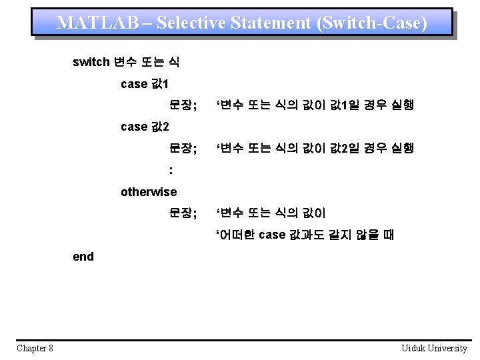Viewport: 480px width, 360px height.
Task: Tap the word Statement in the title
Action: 271,23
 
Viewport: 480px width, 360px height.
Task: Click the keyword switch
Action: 91,63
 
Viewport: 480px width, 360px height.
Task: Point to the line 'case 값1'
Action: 145,84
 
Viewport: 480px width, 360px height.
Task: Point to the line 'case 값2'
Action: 145,127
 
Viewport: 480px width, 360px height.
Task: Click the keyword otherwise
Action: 149,192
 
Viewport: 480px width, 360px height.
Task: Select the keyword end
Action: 83,257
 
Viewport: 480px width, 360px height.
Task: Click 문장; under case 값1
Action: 183,105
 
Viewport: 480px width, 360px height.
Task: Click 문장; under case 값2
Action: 183,148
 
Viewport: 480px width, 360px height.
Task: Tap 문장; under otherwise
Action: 183,213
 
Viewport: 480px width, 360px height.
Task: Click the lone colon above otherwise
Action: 171,171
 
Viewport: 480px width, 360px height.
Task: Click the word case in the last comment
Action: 272,235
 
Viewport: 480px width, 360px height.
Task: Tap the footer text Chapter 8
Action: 35,348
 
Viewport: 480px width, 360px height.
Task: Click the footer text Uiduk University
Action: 434,348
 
